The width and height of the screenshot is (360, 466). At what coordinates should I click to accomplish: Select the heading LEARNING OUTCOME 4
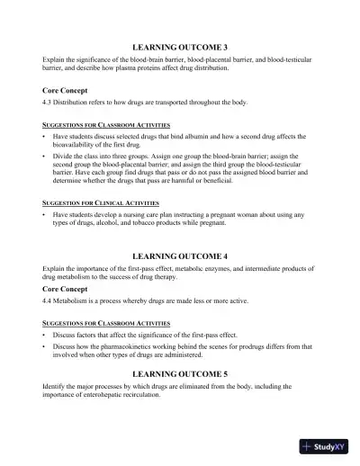[x=180, y=256]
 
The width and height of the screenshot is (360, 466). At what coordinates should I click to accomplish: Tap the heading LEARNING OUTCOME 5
[x=180, y=372]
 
